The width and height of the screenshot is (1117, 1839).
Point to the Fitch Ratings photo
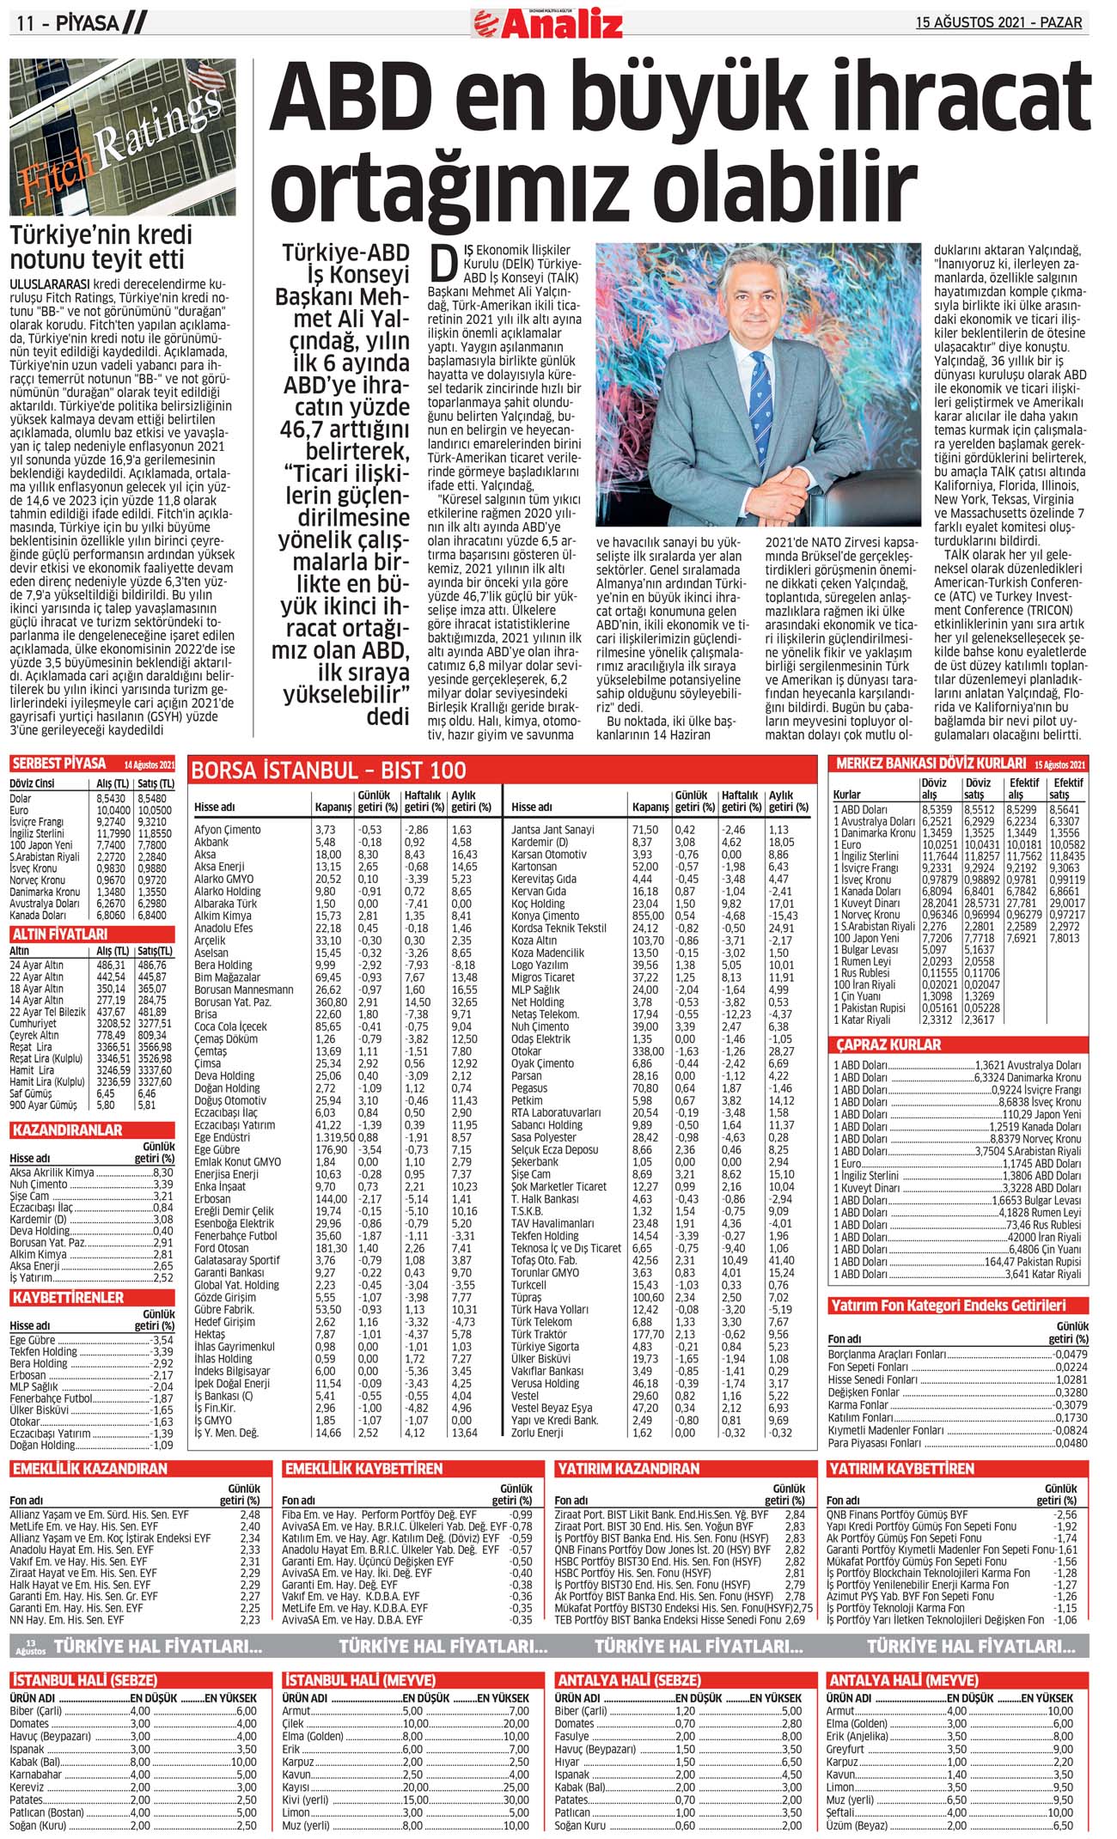[122, 137]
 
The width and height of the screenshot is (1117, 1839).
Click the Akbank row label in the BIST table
[211, 842]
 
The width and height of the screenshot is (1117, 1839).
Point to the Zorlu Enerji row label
[537, 1432]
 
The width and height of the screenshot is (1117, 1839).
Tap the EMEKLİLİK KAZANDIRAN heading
[89, 1469]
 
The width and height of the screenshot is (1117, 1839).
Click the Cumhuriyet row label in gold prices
[33, 1024]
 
